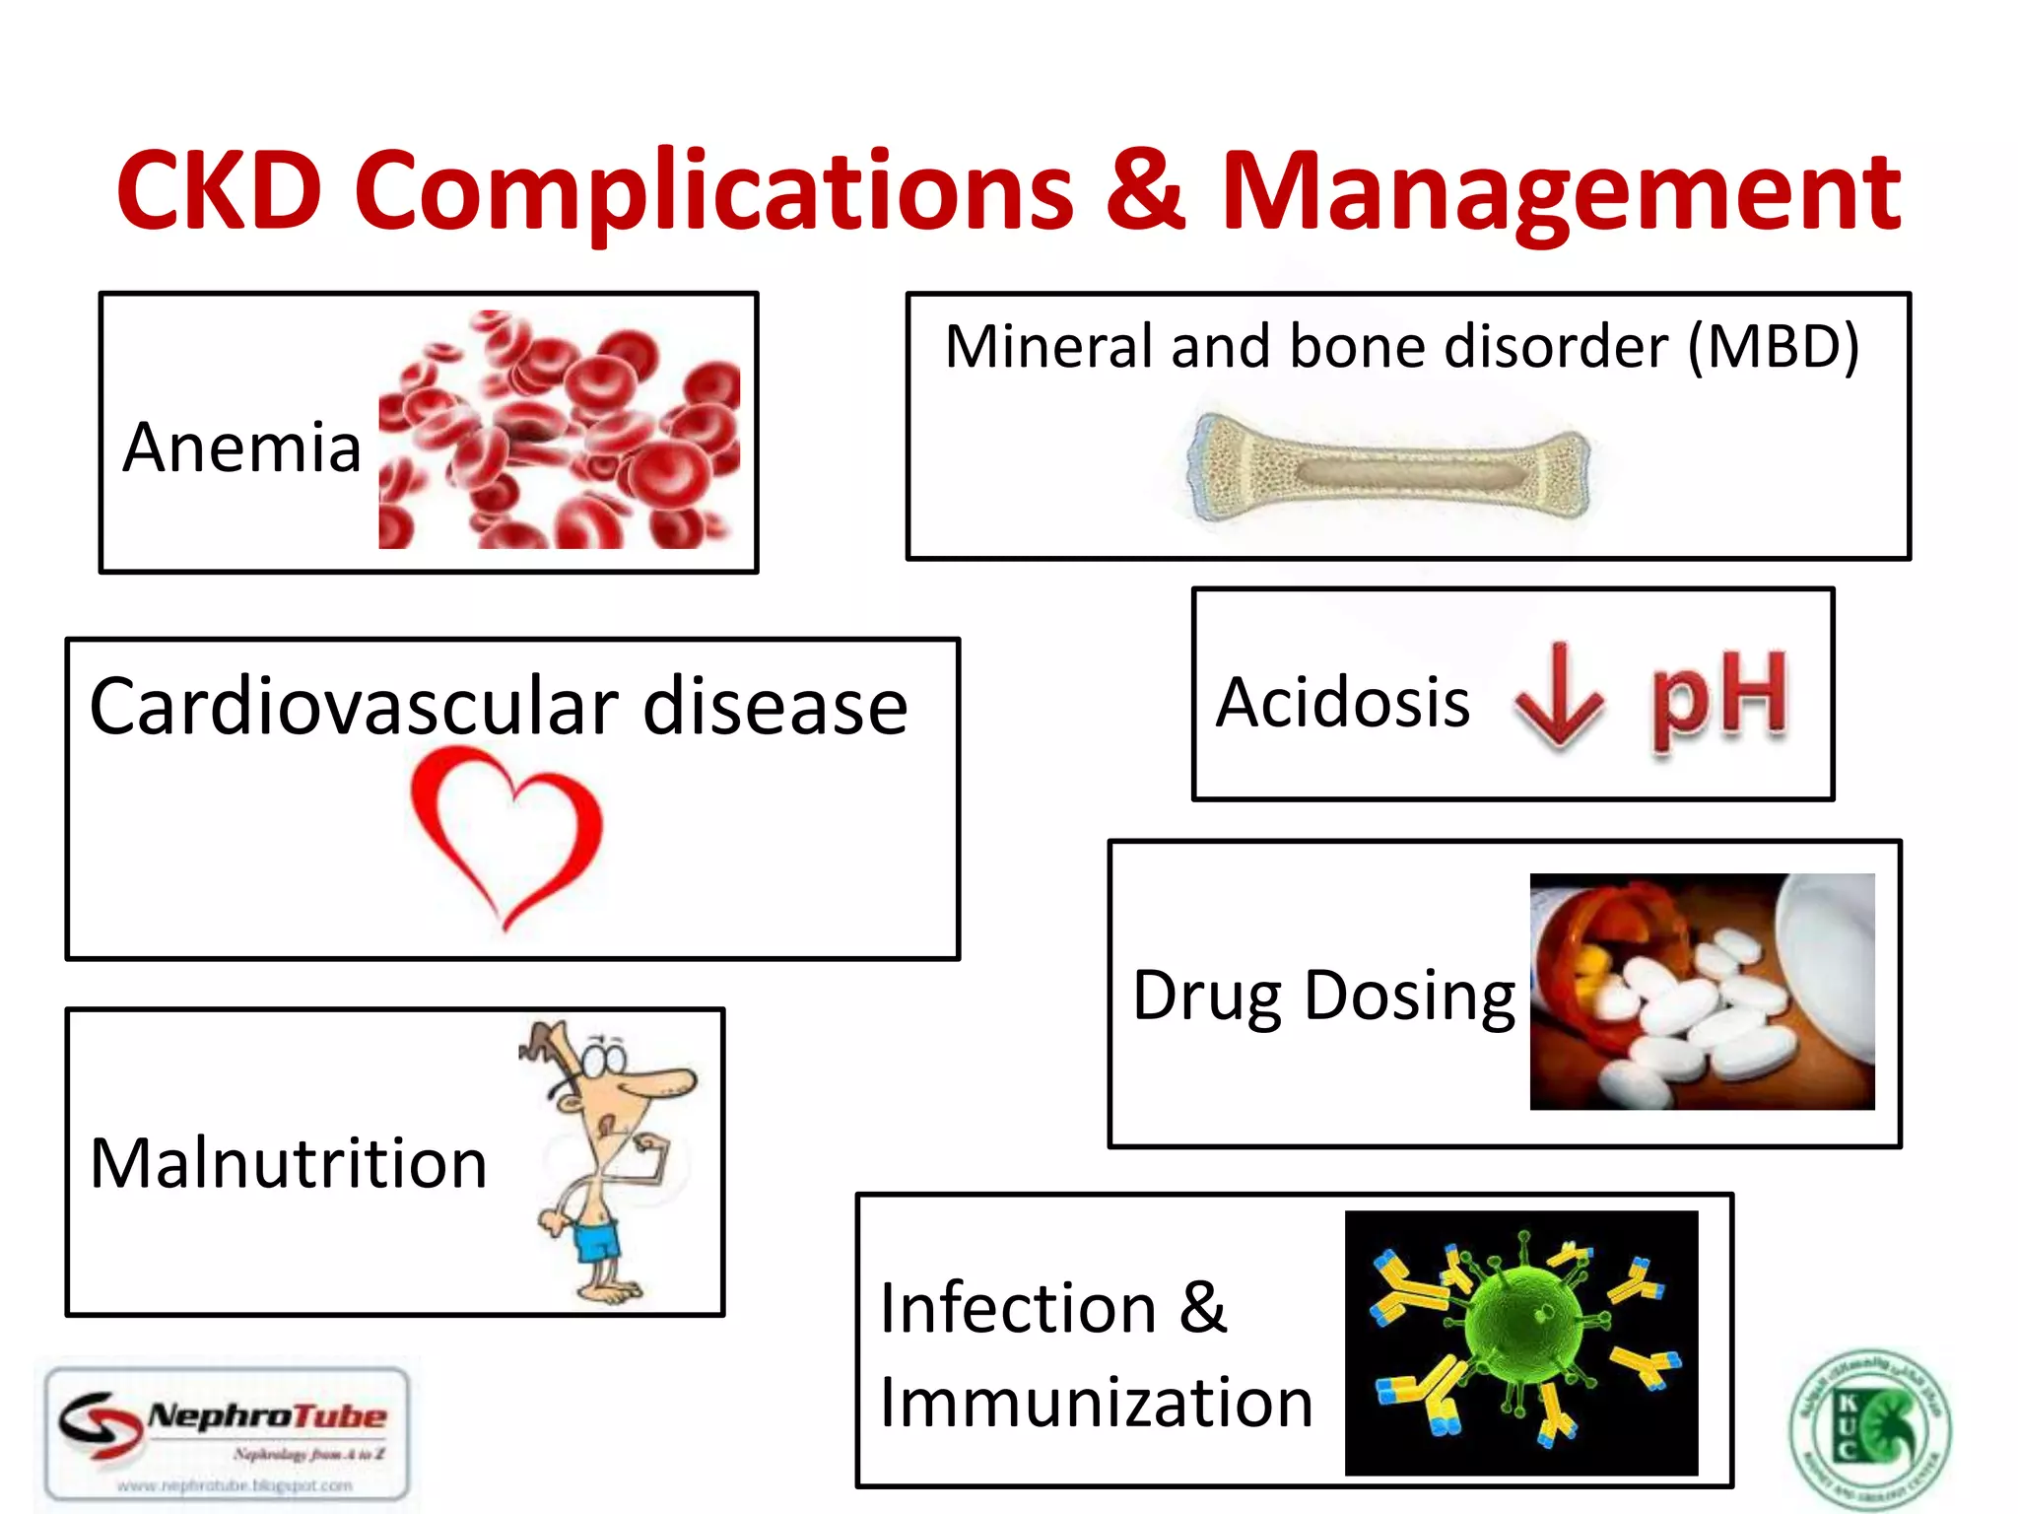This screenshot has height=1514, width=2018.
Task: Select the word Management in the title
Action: (1561, 192)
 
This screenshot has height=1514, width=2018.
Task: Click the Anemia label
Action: (242, 448)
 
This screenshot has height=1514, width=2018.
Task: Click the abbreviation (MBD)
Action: (1773, 347)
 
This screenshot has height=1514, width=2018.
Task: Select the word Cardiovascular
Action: (354, 708)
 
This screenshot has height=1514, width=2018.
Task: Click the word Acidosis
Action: (1343, 703)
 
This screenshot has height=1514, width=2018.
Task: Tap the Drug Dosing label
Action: (1323, 997)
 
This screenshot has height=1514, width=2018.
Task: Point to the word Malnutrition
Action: (289, 1164)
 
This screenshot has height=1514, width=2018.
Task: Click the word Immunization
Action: (1096, 1403)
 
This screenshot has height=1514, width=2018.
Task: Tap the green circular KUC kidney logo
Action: (1869, 1429)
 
